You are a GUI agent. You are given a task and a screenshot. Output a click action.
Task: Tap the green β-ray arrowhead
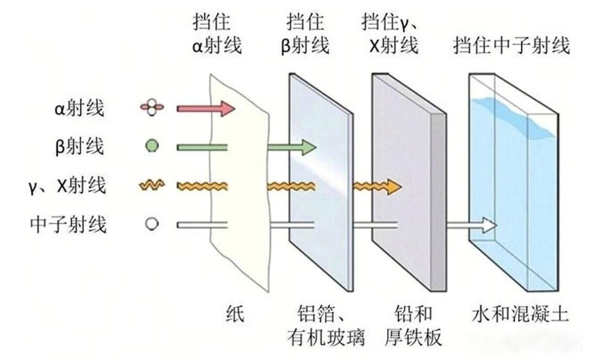tap(309, 147)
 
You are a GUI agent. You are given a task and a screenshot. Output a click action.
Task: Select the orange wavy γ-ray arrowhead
tap(394, 186)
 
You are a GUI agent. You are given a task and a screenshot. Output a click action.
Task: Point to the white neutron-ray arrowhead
tap(489, 225)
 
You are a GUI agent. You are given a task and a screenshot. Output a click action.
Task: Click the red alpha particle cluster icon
tap(152, 108)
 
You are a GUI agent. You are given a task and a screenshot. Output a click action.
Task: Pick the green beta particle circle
tap(151, 145)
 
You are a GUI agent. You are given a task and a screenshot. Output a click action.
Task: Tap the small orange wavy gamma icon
tap(152, 185)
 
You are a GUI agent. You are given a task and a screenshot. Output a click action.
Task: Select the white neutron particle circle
tap(151, 224)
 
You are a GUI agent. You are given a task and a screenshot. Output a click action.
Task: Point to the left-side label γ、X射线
tap(68, 186)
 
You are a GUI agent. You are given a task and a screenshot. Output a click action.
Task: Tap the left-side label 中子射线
tap(68, 225)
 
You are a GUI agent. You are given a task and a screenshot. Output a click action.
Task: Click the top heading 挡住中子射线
tap(512, 46)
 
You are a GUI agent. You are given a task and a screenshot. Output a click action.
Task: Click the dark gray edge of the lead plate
tap(437, 205)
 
